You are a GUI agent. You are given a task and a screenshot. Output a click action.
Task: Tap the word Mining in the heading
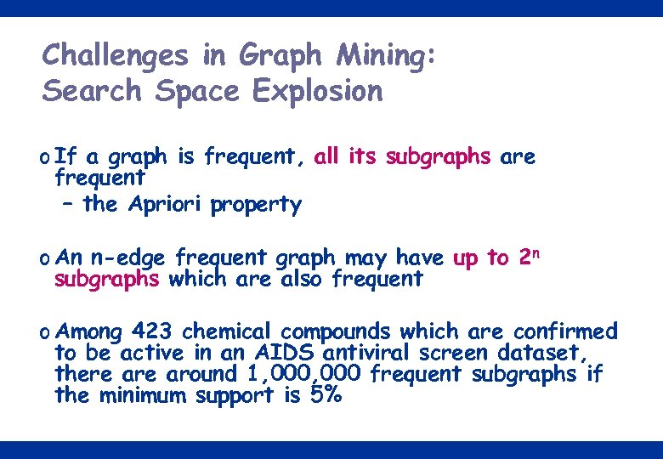384,56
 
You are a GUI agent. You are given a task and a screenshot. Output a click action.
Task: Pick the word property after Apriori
256,206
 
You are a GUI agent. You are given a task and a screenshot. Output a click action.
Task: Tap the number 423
150,331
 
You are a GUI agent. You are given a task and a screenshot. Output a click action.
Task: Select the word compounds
336,331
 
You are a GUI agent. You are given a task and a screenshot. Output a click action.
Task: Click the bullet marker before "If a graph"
44,158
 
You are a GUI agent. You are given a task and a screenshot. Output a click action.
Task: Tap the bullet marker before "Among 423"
44,331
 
